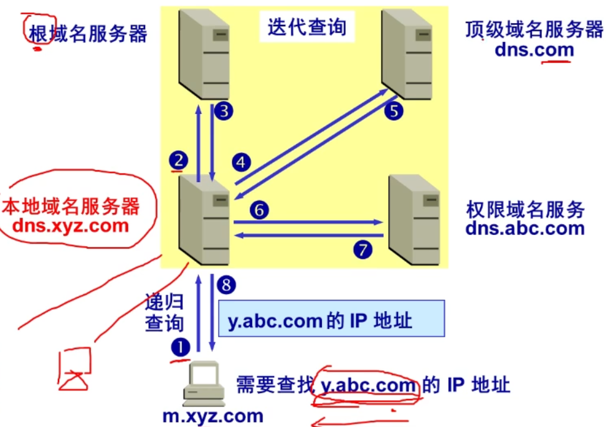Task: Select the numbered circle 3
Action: [x=224, y=112]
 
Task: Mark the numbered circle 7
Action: [x=362, y=249]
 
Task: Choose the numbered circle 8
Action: [x=227, y=285]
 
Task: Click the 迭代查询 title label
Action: [x=306, y=27]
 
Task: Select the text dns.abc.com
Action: [x=525, y=228]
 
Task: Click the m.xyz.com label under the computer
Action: [x=213, y=416]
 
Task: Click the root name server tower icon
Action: [x=203, y=54]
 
